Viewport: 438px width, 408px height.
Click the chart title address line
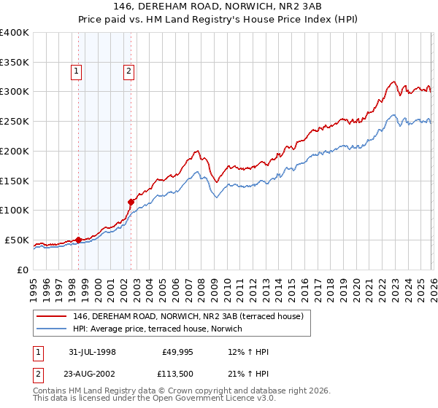coord(219,6)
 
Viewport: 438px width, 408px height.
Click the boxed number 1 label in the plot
coord(77,71)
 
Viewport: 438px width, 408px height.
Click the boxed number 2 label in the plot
coord(128,71)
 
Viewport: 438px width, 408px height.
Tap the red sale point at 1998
coord(78,239)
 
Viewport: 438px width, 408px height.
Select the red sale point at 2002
coord(131,201)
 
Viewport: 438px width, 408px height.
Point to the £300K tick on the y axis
coord(15,92)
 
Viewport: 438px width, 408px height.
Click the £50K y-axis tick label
coord(17,240)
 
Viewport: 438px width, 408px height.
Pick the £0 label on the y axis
coord(22,270)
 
